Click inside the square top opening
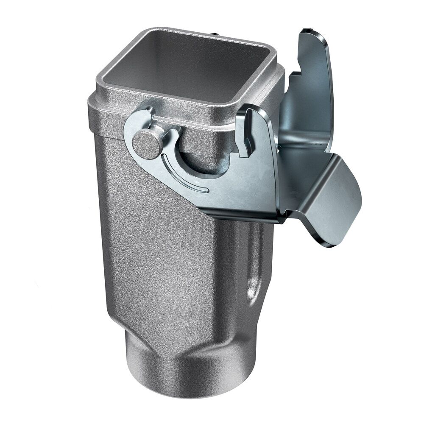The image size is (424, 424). coord(187,64)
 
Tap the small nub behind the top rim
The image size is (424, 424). coord(216,33)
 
